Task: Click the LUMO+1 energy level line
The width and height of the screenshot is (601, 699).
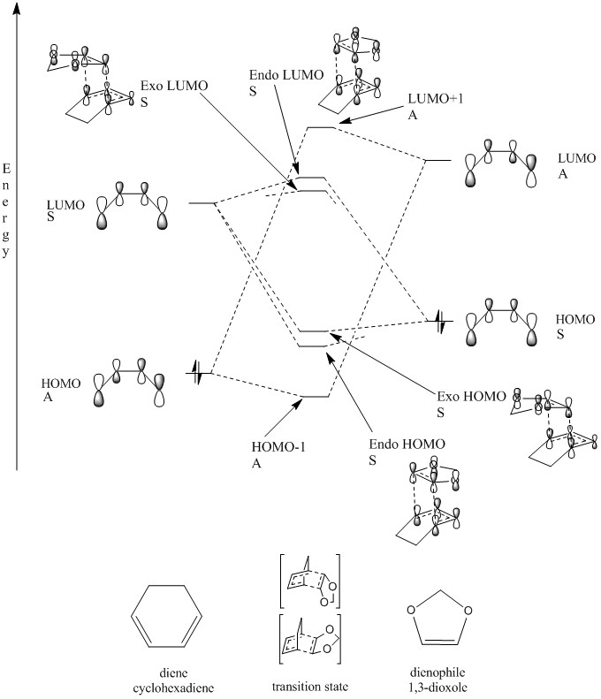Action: [319, 127]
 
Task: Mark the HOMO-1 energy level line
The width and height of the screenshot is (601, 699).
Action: [316, 397]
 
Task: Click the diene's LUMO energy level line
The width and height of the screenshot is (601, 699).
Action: [202, 203]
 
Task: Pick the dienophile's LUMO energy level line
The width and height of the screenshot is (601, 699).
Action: [437, 161]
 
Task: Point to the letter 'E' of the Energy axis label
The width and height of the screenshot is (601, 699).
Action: [8, 167]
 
